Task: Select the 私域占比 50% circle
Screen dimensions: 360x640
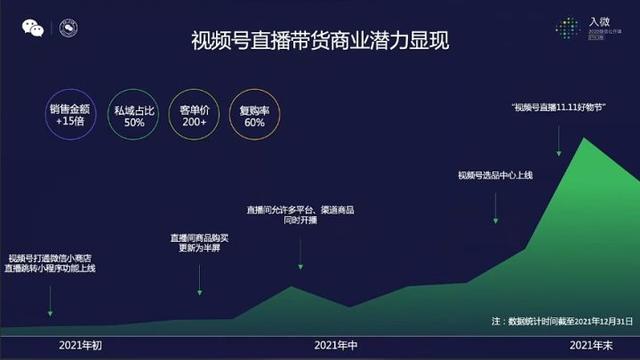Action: coord(134,115)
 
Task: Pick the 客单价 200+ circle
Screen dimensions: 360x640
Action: coord(193,115)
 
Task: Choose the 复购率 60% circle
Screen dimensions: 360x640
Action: coord(254,115)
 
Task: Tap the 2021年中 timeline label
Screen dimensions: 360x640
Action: coord(336,345)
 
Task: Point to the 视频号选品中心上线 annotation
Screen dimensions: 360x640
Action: coord(496,175)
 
